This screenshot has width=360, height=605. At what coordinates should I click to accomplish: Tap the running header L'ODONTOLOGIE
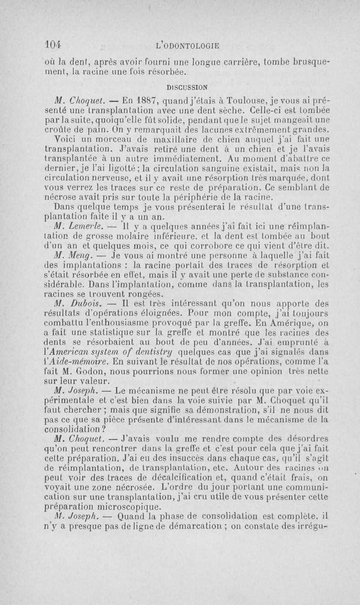187,45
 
